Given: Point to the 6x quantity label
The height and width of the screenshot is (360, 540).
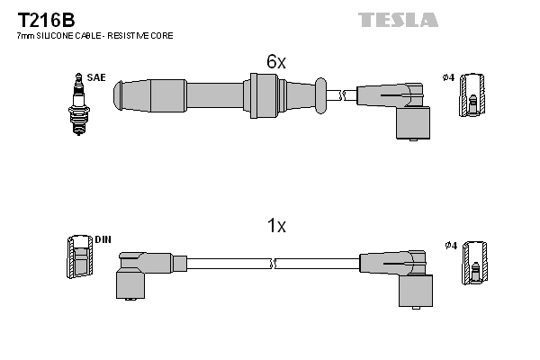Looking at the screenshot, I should tap(275, 61).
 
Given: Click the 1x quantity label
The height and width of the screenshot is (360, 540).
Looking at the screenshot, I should tap(276, 227).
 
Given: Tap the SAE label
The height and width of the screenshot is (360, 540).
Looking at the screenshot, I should tap(96, 78).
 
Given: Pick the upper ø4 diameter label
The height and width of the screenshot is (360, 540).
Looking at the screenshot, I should tap(449, 78).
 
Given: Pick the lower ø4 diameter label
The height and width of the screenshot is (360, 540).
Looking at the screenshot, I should tap(451, 244).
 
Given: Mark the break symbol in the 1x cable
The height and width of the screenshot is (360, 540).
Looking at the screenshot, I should tap(273, 263).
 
